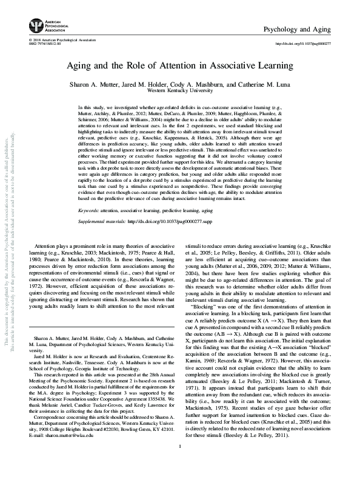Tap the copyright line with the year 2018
pyautogui.click(x=59, y=40)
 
